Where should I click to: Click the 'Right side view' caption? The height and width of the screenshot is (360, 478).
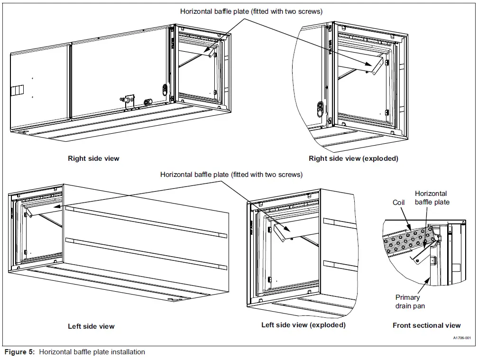[93, 158]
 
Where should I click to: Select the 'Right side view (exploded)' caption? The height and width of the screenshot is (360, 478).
[353, 158]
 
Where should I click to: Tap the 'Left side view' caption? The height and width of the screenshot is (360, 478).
[91, 326]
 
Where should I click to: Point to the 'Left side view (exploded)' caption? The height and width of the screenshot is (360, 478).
[303, 325]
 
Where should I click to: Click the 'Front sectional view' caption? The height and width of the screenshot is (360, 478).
[426, 325]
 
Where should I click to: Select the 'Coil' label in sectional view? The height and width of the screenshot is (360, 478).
[399, 203]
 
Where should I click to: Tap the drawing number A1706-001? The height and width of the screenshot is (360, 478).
[461, 338]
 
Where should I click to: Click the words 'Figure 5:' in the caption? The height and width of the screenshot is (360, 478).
[20, 352]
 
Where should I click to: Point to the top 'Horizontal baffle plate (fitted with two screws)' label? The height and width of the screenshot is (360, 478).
[251, 11]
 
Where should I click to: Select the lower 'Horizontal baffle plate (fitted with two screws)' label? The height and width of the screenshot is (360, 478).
[231, 175]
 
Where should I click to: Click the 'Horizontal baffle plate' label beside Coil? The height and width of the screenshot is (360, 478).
[432, 198]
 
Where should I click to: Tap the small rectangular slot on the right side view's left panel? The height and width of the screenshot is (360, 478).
[17, 90]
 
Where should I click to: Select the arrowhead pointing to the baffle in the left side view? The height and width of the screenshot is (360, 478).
[56, 207]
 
